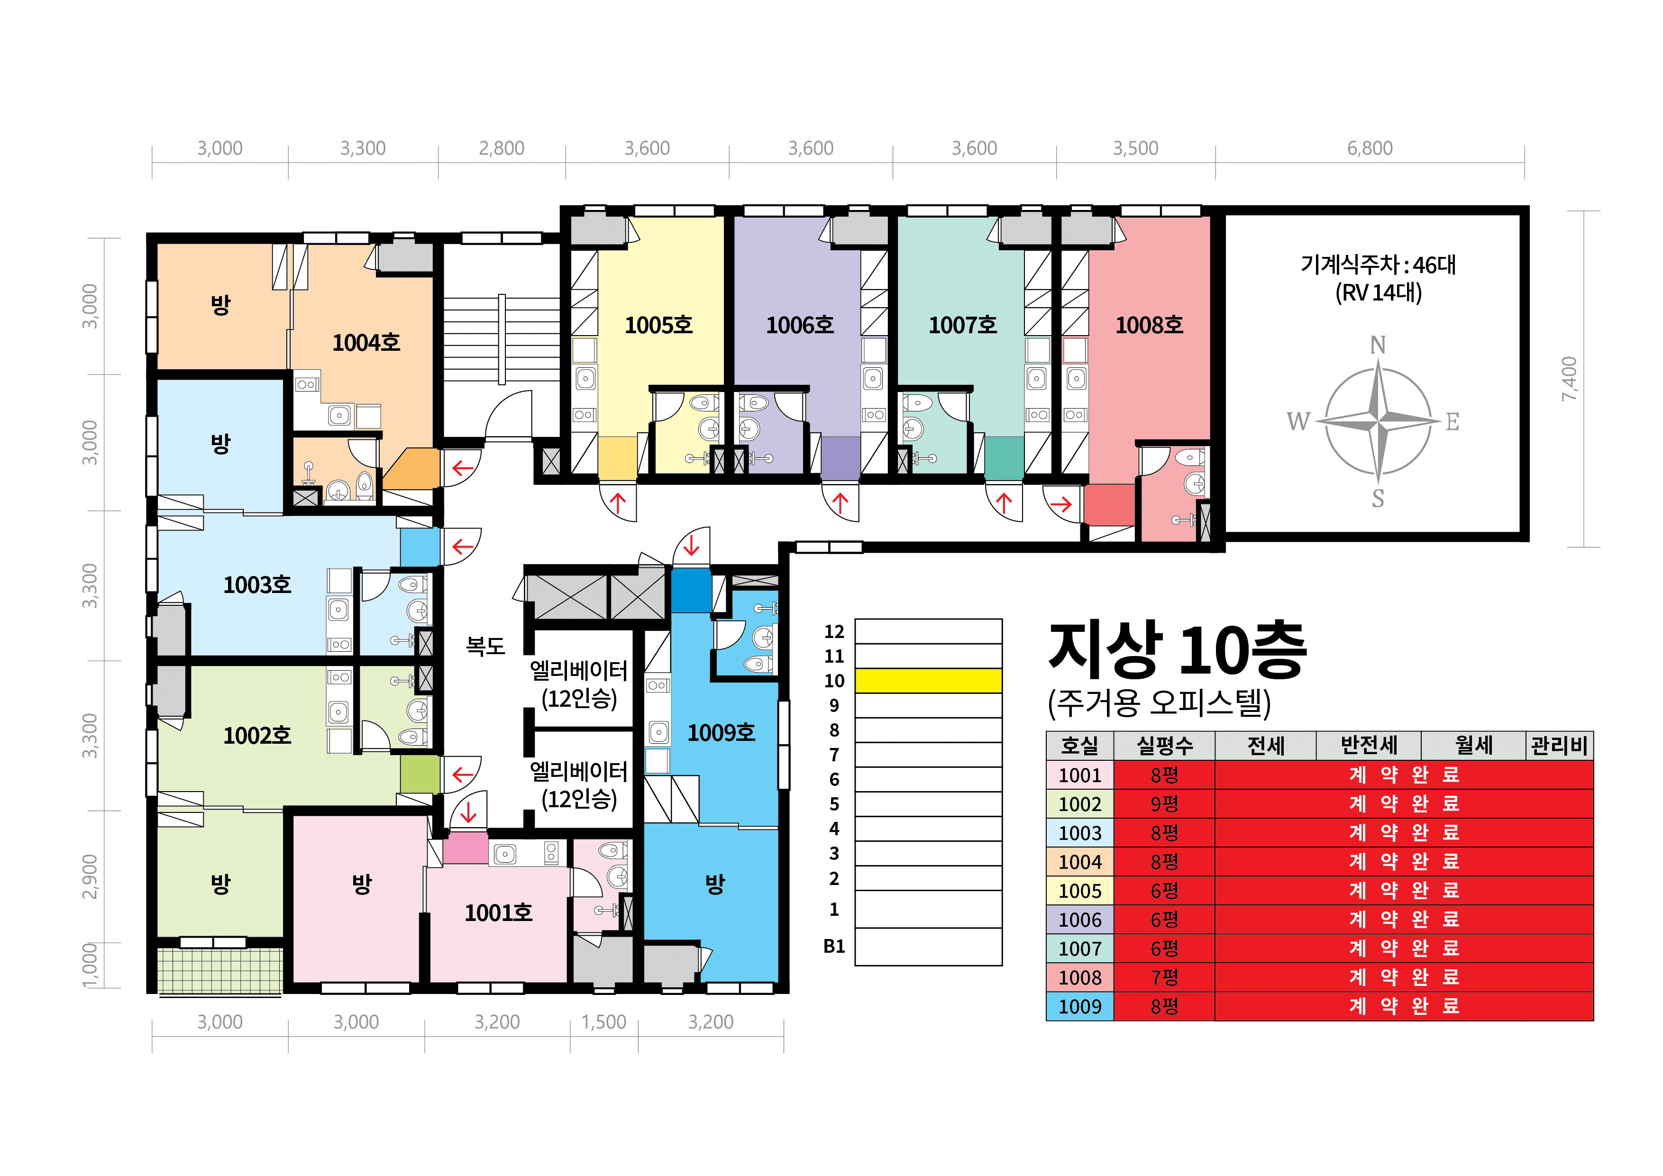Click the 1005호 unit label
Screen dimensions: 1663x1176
click(658, 325)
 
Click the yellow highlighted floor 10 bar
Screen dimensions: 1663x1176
click(929, 681)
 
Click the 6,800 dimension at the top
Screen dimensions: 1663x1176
click(1370, 148)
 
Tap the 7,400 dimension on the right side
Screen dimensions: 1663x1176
click(1569, 379)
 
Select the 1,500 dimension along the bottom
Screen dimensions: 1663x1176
click(603, 1022)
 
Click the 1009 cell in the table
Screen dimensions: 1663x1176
click(1079, 1007)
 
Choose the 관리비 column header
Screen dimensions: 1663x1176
click(1560, 745)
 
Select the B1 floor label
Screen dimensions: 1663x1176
click(834, 947)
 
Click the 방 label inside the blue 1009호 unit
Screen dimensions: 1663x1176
click(715, 884)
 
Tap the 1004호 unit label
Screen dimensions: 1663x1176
click(366, 343)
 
